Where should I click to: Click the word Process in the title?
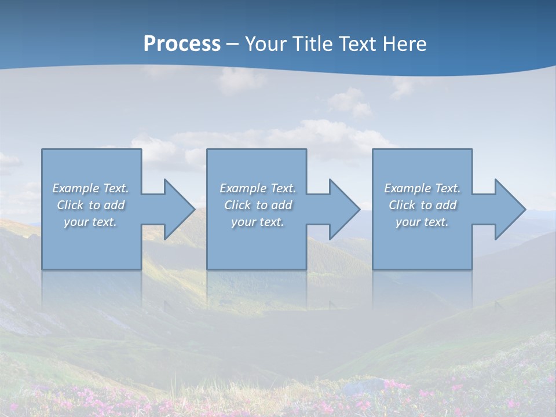point(182,44)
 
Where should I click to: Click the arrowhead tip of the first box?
point(193,209)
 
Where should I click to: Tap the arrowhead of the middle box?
point(359,209)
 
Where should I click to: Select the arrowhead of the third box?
point(524,209)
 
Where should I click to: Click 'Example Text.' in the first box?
point(91,188)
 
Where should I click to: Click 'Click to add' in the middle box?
point(258,205)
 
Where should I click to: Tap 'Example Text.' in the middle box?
point(258,188)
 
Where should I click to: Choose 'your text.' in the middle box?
point(257,222)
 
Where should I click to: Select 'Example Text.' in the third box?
point(422,188)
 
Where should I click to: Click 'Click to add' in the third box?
point(422,205)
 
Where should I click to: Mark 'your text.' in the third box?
point(422,222)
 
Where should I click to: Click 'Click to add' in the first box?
point(91,205)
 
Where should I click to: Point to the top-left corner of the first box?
point(42,149)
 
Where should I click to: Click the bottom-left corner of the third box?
point(373,269)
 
